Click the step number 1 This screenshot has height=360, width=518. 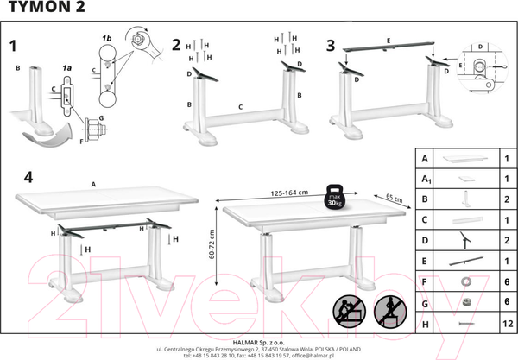pos(13,45)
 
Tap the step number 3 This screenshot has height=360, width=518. pos(332,45)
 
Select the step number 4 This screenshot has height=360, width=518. pos(28,178)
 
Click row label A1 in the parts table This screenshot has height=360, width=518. pos(424,180)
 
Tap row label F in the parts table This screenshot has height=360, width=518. pos(424,281)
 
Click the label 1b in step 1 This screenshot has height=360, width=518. pos(107,41)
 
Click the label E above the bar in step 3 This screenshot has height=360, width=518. pos(388,41)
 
